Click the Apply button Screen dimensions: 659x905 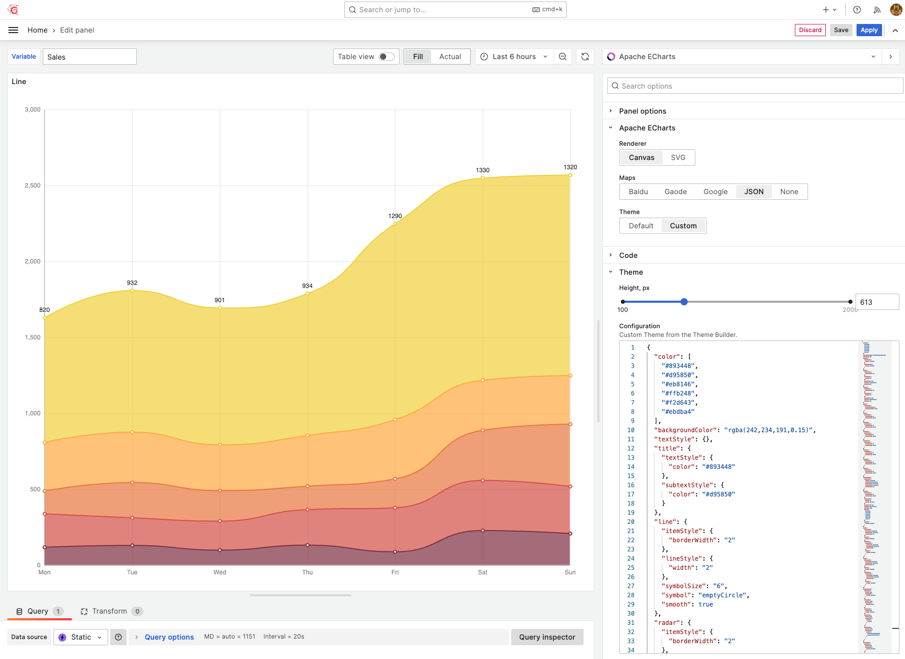click(x=869, y=30)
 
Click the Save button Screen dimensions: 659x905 click(x=841, y=30)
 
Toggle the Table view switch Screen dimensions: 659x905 click(x=386, y=57)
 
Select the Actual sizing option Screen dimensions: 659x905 click(x=449, y=57)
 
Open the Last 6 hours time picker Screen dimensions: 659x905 click(x=514, y=57)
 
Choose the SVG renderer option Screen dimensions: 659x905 click(x=677, y=157)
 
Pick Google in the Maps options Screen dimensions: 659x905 click(x=715, y=192)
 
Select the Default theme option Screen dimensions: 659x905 click(x=641, y=226)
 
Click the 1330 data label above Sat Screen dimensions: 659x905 click(x=483, y=170)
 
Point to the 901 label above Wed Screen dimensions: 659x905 click(x=219, y=300)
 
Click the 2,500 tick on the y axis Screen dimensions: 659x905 click(x=33, y=186)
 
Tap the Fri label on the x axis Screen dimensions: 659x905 click(x=395, y=572)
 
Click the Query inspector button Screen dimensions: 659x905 click(x=547, y=637)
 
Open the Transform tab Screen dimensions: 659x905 click(x=109, y=611)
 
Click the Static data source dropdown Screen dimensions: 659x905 click(x=81, y=637)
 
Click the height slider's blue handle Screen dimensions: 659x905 click(x=684, y=302)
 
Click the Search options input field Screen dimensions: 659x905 click(x=755, y=86)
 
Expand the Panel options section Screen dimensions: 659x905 click(x=642, y=111)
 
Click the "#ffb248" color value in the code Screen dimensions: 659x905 click(x=678, y=393)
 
